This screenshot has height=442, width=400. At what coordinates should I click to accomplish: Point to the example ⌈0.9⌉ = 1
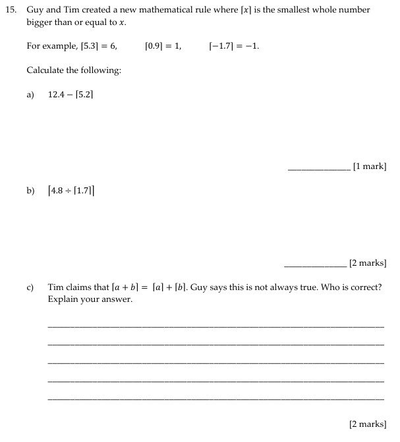pos(163,47)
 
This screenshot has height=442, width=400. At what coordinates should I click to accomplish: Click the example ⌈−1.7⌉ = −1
pos(233,47)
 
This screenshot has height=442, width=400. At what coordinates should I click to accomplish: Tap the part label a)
pos(30,95)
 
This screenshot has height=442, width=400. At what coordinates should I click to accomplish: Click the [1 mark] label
pos(370,166)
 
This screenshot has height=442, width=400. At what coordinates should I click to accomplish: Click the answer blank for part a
pos(319,169)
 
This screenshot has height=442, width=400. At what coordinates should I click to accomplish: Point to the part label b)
pos(30,191)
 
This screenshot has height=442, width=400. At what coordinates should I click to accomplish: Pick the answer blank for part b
pos(315,265)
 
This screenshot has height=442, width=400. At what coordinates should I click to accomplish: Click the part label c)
pos(30,287)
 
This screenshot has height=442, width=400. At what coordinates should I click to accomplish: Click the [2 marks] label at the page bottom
pos(367,424)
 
